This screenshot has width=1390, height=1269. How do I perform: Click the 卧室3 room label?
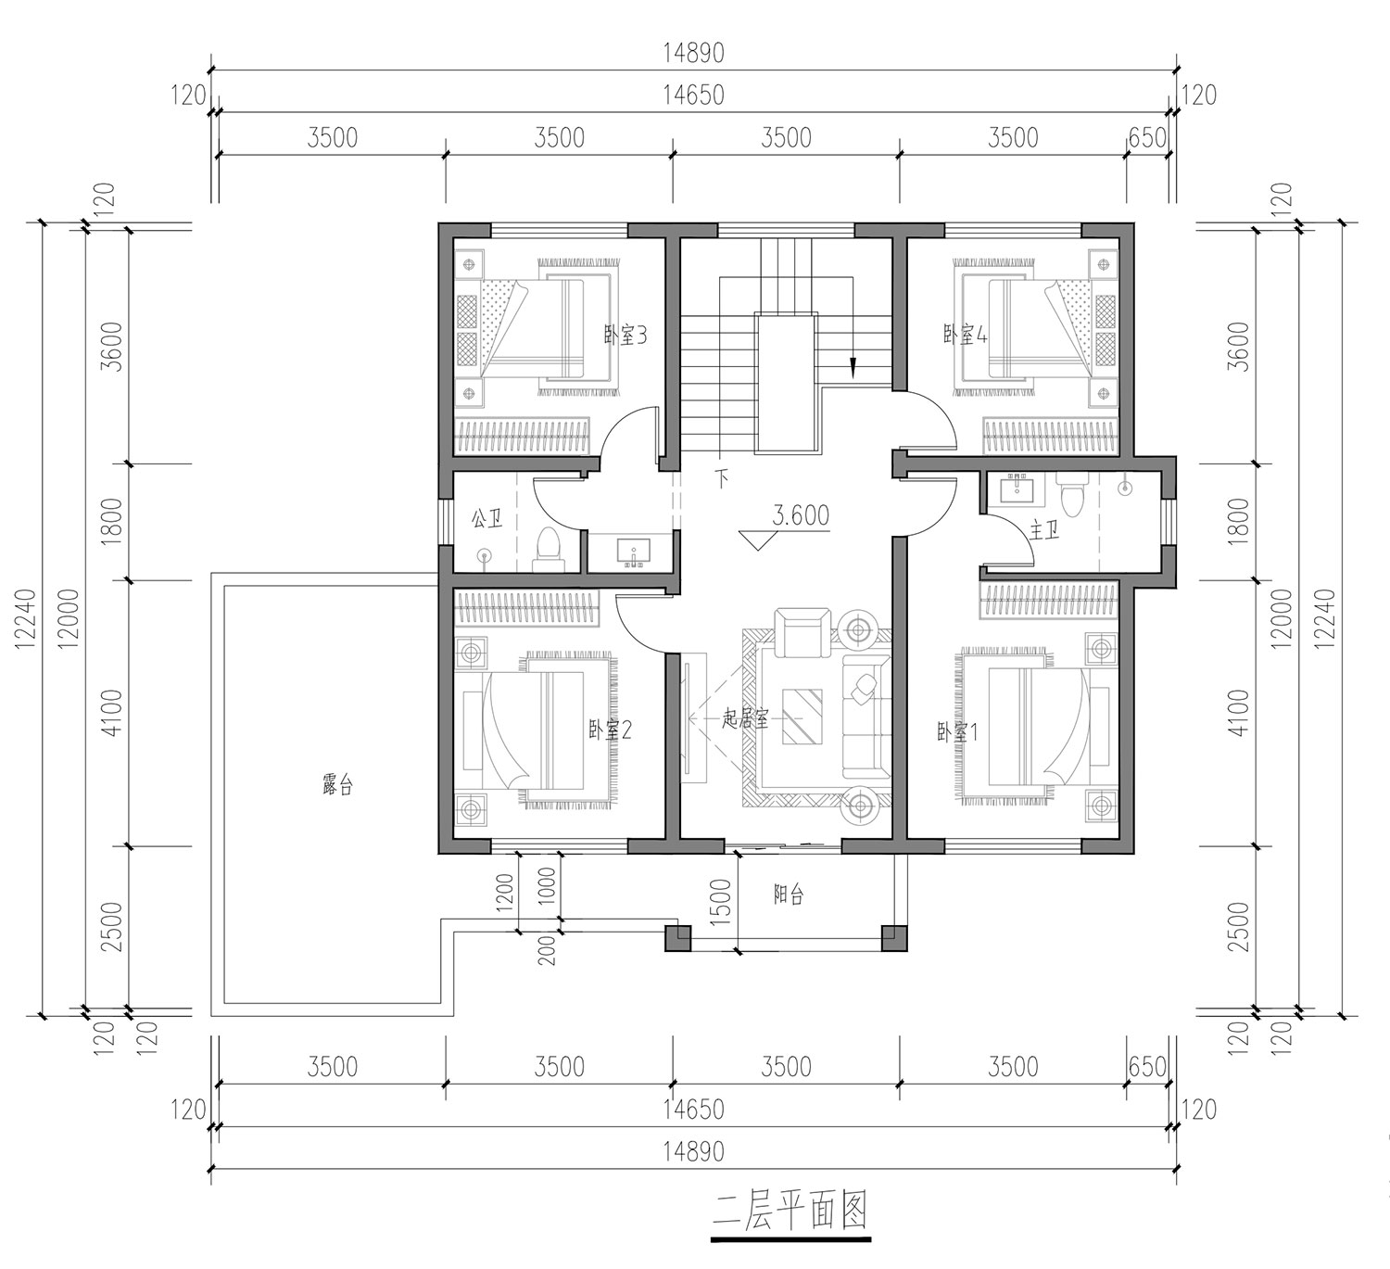625,336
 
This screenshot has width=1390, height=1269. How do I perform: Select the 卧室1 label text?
957,732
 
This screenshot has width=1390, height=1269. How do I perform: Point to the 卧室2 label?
610,730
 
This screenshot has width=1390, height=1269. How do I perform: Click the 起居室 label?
745,719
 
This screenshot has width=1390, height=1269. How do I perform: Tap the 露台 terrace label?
337,785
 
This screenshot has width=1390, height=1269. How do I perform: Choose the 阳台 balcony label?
789,895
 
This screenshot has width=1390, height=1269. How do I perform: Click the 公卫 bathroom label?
487,519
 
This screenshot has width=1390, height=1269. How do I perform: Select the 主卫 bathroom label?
1044,531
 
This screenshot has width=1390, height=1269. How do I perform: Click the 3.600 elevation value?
801,515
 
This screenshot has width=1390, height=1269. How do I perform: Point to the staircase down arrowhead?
853,368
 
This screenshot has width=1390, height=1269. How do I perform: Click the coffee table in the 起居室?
802,717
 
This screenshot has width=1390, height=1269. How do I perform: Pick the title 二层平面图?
790,1210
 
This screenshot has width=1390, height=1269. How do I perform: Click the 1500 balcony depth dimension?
721,899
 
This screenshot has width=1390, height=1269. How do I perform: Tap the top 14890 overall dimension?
694,53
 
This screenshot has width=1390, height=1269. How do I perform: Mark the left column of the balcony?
677,937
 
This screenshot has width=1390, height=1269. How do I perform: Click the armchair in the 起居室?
802,632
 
